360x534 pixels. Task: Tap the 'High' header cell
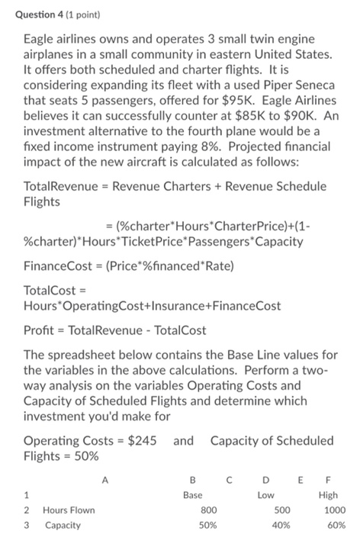[x=328, y=494]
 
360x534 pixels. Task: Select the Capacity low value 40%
[x=281, y=526]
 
